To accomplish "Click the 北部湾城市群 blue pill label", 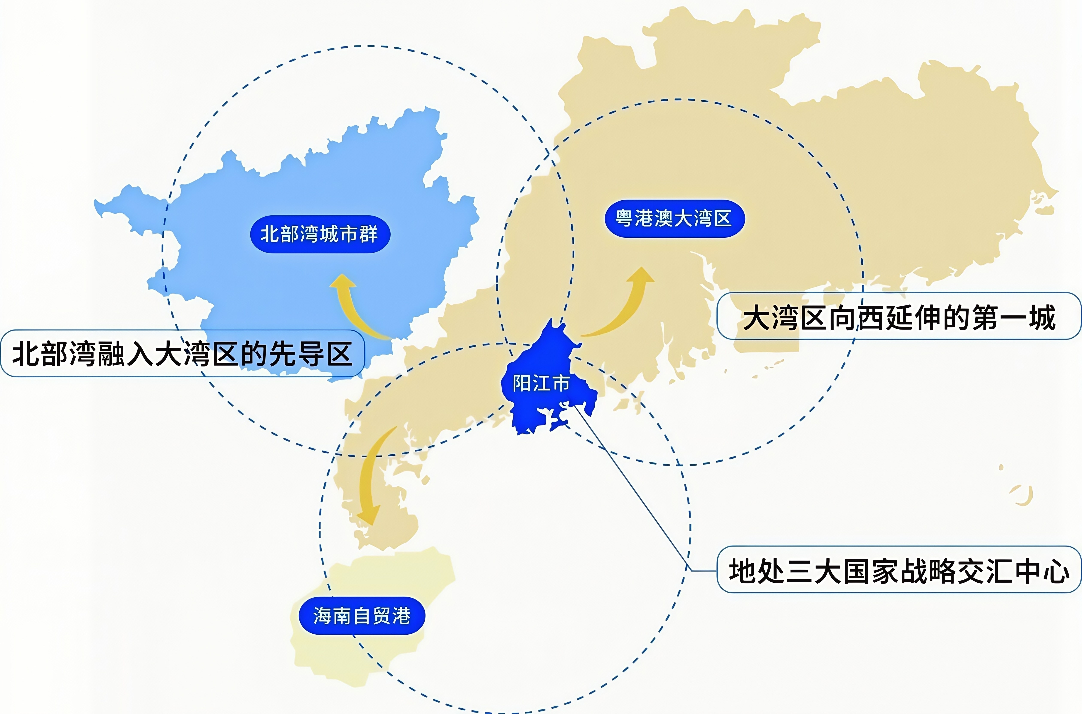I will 320,234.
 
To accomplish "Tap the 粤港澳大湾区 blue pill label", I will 674,219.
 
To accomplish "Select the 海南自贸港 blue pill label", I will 362,616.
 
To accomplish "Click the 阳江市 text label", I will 541,383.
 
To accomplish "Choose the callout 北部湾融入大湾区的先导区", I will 182,354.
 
